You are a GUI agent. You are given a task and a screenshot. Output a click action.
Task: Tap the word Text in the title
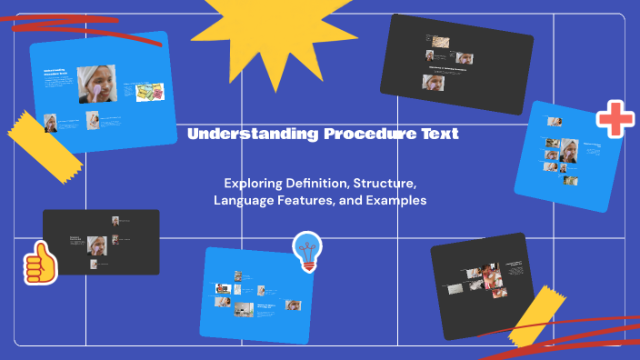(x=441, y=135)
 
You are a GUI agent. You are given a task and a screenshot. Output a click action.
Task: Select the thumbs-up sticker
(x=40, y=265)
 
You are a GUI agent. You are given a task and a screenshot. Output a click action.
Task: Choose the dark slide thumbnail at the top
(x=455, y=56)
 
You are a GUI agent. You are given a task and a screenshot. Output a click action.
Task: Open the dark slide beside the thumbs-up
(x=101, y=242)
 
